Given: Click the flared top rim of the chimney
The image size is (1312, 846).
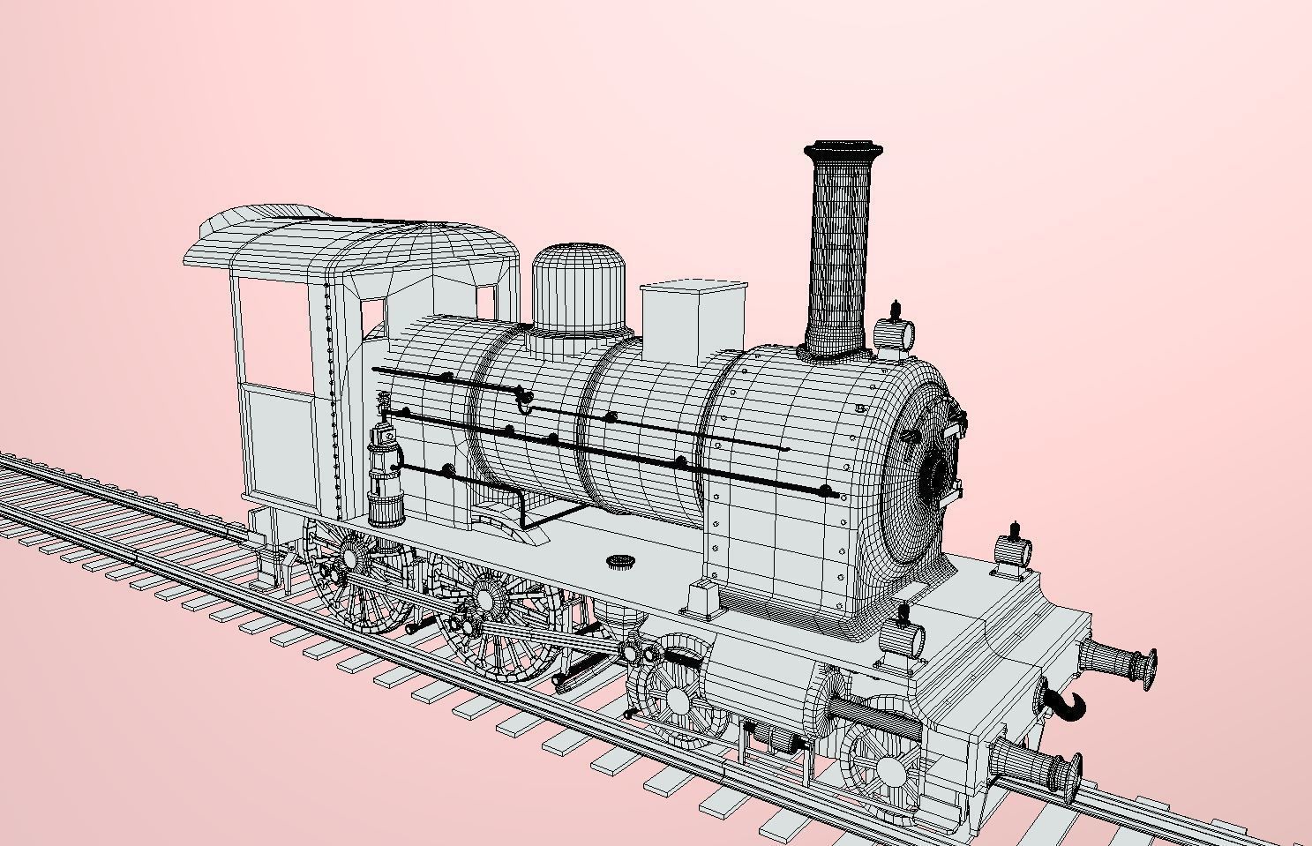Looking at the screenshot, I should [x=843, y=147].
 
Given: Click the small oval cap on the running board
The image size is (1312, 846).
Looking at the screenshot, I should [x=622, y=561].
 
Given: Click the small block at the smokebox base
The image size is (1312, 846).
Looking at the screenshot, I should [x=702, y=597].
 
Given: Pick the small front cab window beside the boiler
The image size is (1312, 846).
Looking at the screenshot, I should [x=374, y=313].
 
